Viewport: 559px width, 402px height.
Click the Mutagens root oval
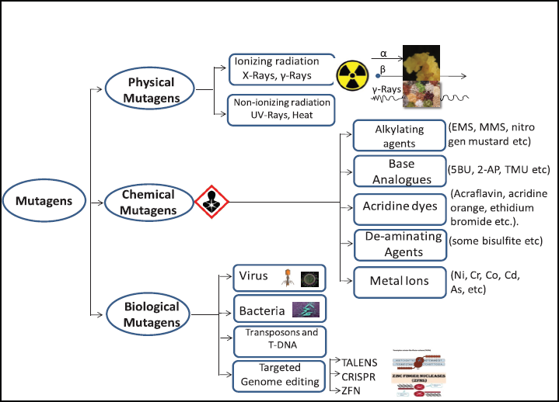44,201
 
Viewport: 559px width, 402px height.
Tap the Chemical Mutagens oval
147,201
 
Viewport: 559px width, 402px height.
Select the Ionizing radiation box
281,68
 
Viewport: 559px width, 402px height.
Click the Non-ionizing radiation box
281,109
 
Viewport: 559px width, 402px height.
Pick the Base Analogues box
398,172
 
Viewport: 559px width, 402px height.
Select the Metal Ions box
398,281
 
